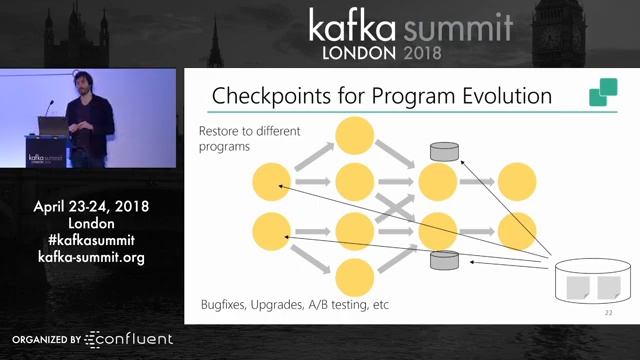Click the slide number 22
coord(608,313)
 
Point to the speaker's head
coord(80,84)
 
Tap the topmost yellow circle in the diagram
coord(354,135)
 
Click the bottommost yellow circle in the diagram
coord(354,277)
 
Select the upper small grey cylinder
coord(444,152)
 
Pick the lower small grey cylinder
coord(444,261)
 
